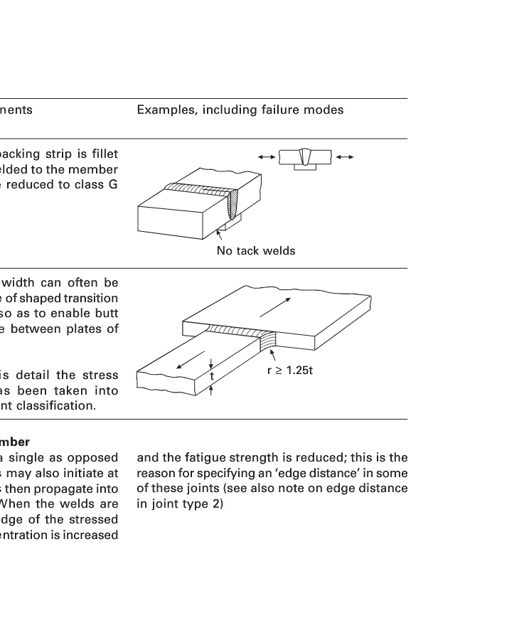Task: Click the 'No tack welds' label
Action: pyautogui.click(x=255, y=250)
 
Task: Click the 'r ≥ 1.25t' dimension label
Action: pyautogui.click(x=289, y=370)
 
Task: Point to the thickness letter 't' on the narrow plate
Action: pyautogui.click(x=211, y=375)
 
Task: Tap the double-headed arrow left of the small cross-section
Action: pyautogui.click(x=267, y=156)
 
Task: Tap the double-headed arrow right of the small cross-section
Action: pyautogui.click(x=345, y=156)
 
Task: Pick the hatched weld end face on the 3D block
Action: pyautogui.click(x=233, y=206)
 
